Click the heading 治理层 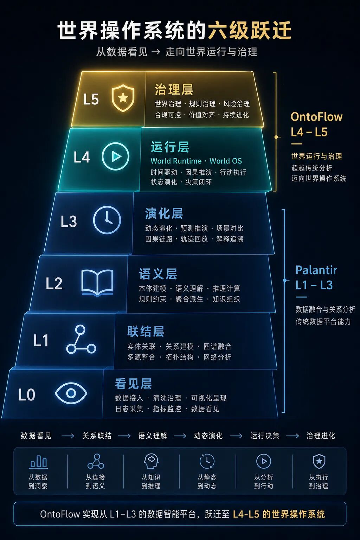pos(174,89)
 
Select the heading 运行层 pos(170,147)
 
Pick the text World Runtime pos(176,161)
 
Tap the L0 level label pos(27,395)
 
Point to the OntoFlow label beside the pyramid pos(317,117)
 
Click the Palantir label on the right pos(316,270)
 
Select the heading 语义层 pos(158,274)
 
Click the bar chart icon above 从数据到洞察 pos(38,462)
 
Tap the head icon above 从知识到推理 pos(151,461)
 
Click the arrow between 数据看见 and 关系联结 pos(68,436)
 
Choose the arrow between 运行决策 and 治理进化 pos(292,436)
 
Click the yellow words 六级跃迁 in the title pos(250,30)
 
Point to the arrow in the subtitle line pos(156,52)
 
